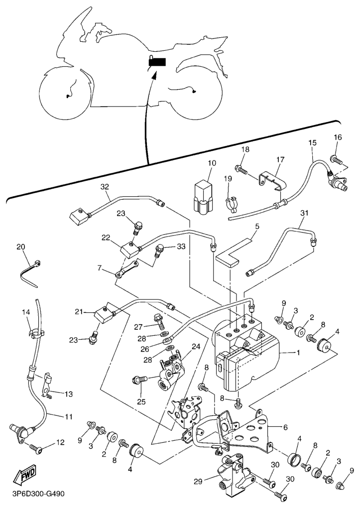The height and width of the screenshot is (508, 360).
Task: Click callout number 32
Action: [x=104, y=187]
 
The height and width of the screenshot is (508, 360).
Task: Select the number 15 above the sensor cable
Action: [x=312, y=142]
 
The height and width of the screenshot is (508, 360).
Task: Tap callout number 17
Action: [x=280, y=159]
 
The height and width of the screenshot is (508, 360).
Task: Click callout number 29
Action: [x=198, y=482]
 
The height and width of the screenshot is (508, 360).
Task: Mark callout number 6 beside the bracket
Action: [x=285, y=427]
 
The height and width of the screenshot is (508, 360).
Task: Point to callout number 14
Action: [x=26, y=312]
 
